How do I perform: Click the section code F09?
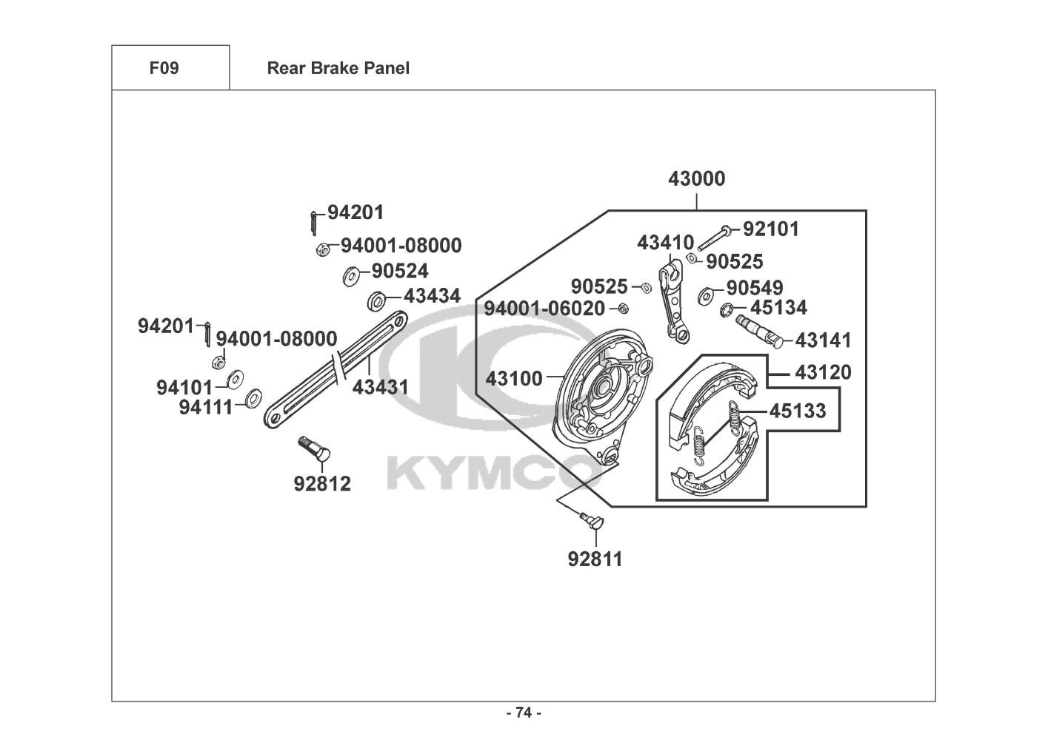click(x=164, y=69)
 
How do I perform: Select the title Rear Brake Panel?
click(x=338, y=69)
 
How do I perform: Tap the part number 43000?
click(x=696, y=179)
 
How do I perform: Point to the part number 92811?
click(x=595, y=559)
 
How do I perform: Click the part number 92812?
click(x=322, y=484)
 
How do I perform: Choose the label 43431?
click(x=380, y=387)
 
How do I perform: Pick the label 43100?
click(x=514, y=378)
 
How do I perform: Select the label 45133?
click(x=797, y=411)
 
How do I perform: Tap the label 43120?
click(x=823, y=372)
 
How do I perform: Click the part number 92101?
click(x=771, y=229)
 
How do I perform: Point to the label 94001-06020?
click(x=544, y=309)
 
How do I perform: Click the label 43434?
click(x=432, y=296)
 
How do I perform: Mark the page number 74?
click(x=524, y=713)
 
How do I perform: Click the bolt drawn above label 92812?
click(x=314, y=448)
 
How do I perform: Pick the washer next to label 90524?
click(x=350, y=277)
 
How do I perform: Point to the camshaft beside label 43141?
click(x=758, y=331)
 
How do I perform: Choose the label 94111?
click(x=205, y=407)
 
